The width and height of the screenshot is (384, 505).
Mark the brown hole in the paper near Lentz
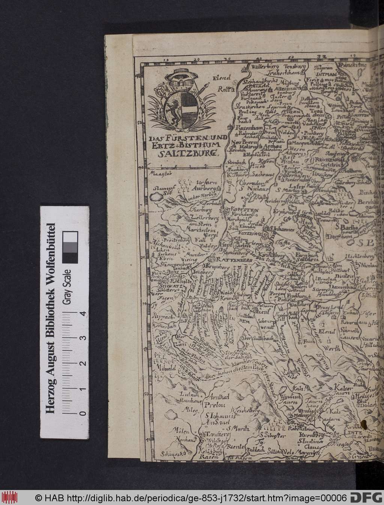(363, 425)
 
